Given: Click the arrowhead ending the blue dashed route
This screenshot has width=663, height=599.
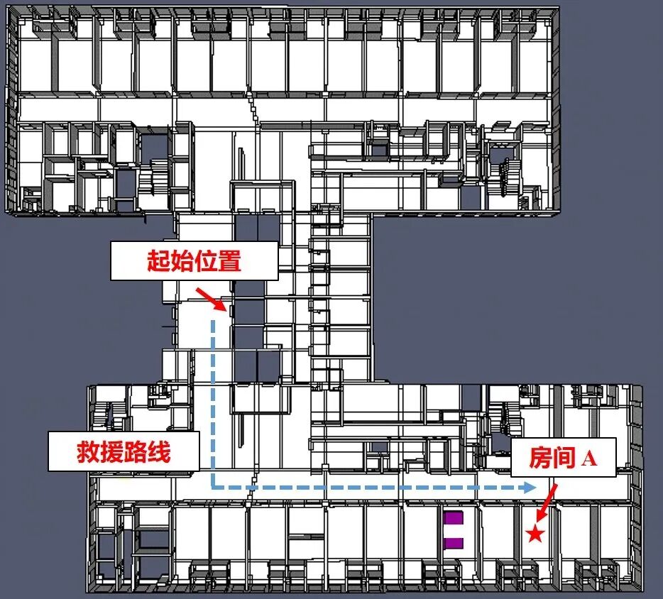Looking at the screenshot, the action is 529,488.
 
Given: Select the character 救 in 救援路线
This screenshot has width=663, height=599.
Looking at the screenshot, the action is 89,451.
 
